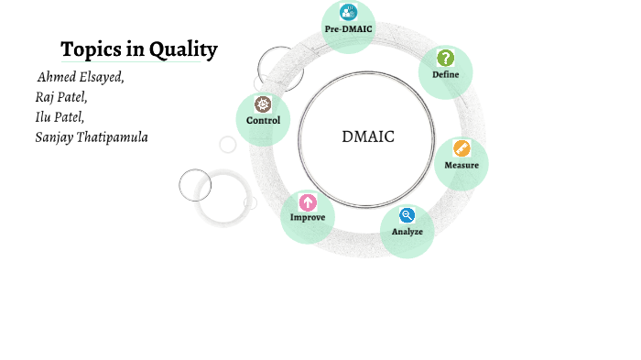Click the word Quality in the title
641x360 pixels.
[x=182, y=49]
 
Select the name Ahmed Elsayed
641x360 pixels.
[x=81, y=77]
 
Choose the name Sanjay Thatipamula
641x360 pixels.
[x=92, y=137]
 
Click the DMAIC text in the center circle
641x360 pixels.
[x=367, y=137]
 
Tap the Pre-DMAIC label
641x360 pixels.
[x=349, y=29]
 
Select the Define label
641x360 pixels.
[x=446, y=74]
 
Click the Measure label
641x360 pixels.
[x=462, y=165]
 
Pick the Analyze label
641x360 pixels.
[x=407, y=232]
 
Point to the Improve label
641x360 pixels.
[x=308, y=217]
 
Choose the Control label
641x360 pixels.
[x=263, y=120]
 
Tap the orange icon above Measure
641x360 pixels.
[x=462, y=148]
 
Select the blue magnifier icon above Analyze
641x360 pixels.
[x=407, y=215]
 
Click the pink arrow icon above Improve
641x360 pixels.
[x=308, y=202]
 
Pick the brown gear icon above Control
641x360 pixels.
[x=263, y=104]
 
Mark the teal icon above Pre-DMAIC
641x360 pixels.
[x=349, y=13]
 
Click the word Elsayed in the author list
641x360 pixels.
[x=100, y=77]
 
